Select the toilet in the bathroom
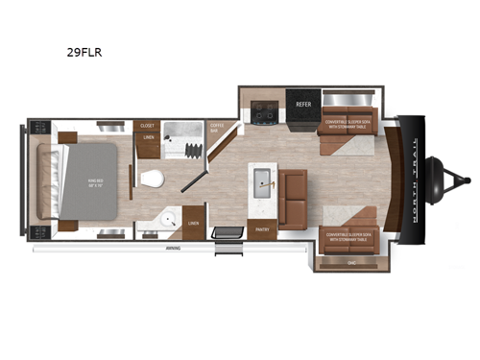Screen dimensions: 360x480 point(150,179)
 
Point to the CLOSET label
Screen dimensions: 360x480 point(147,126)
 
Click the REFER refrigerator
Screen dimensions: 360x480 point(303,103)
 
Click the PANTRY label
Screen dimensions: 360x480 point(261,229)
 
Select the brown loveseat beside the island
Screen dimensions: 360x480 point(293,192)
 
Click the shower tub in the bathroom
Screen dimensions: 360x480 point(183,142)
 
